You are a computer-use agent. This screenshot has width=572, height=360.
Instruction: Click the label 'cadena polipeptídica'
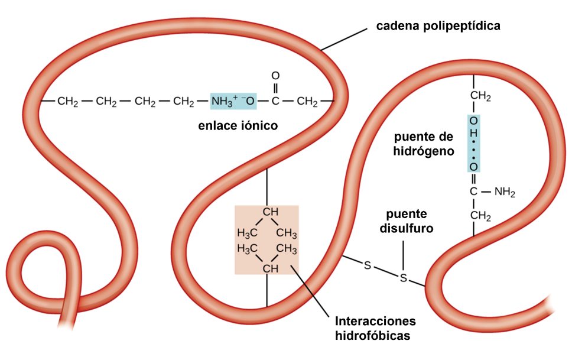click(438, 26)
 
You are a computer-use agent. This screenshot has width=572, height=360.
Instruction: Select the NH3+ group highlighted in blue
click(225, 101)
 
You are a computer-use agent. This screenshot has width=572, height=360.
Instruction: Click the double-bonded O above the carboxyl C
click(275, 76)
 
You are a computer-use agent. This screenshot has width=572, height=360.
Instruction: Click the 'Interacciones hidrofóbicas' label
click(375, 328)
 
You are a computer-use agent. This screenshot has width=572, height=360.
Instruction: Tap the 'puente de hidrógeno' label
click(424, 144)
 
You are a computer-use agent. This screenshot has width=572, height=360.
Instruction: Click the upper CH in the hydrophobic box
click(270, 212)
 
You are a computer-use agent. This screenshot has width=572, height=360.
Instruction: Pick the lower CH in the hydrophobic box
click(270, 269)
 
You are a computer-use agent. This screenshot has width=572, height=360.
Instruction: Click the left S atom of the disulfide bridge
click(367, 266)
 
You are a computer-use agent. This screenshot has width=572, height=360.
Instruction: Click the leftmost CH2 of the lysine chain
click(68, 102)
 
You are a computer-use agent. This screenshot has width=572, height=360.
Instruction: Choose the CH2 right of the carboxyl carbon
click(307, 102)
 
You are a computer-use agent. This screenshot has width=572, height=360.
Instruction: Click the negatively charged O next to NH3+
click(249, 101)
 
